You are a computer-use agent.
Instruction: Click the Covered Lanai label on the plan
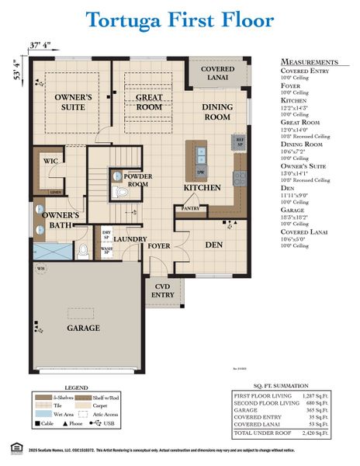click(217, 74)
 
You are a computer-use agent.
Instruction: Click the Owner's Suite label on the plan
click(74, 103)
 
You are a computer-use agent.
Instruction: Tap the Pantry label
click(190, 208)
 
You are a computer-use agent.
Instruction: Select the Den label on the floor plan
click(213, 244)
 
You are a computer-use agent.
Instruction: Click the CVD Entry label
click(162, 290)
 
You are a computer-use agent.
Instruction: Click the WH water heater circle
click(40, 270)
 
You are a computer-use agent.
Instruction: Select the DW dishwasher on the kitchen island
click(200, 172)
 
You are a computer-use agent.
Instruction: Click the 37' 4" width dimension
click(41, 44)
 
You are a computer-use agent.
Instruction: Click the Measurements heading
click(309, 61)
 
